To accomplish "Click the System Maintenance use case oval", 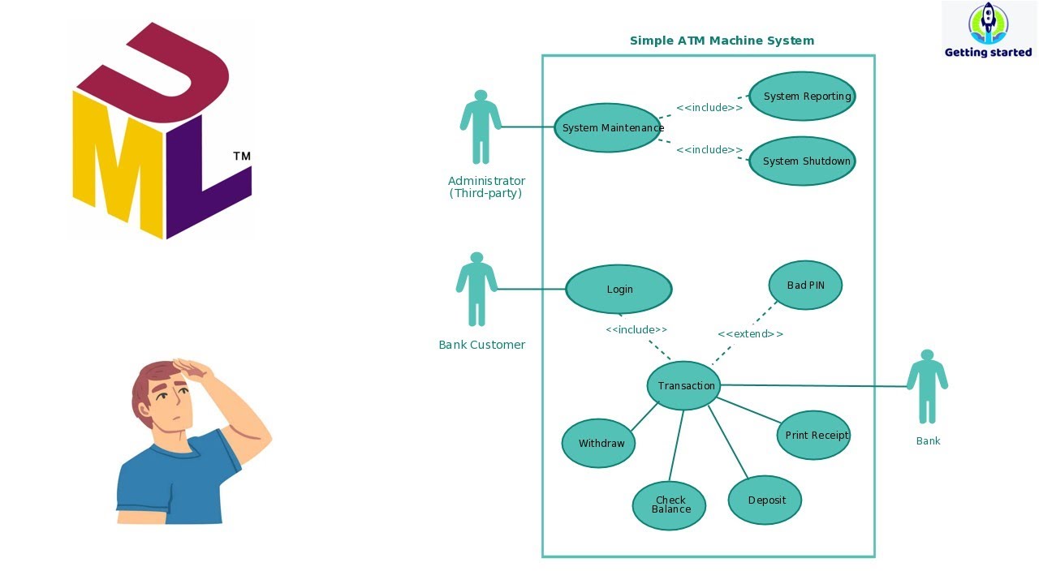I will click(607, 127).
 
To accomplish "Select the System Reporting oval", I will click(802, 96).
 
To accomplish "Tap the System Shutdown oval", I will click(802, 161).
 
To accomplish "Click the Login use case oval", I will click(619, 289).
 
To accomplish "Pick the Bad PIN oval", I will click(805, 285).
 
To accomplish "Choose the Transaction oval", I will click(683, 385).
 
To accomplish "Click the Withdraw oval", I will click(598, 443).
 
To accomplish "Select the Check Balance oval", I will click(669, 505).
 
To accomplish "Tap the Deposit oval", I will click(765, 500).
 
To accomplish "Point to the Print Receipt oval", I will click(813, 435).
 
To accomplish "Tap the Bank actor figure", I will click(927, 387).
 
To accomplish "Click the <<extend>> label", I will click(750, 334).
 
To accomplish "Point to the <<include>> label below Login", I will click(636, 329).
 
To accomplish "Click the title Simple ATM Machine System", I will click(722, 41).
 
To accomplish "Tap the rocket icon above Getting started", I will click(988, 23).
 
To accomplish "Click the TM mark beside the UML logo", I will click(242, 156).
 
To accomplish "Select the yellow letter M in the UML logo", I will click(118, 166).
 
